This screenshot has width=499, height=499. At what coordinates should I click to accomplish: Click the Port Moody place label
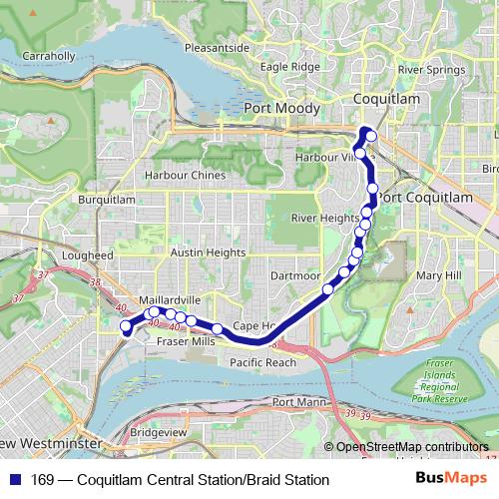(281, 108)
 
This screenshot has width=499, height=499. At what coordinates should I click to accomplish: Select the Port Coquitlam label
(426, 198)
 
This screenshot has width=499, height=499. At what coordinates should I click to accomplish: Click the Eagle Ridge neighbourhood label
(290, 67)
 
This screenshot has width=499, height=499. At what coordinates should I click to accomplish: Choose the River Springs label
(431, 71)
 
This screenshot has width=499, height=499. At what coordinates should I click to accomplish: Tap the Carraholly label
(48, 56)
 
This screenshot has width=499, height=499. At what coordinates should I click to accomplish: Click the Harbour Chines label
(186, 176)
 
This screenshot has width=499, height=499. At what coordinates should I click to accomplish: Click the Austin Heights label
(208, 253)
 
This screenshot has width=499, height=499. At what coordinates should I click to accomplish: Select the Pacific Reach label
(262, 363)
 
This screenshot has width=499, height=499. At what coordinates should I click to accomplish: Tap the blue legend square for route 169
(14, 480)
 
